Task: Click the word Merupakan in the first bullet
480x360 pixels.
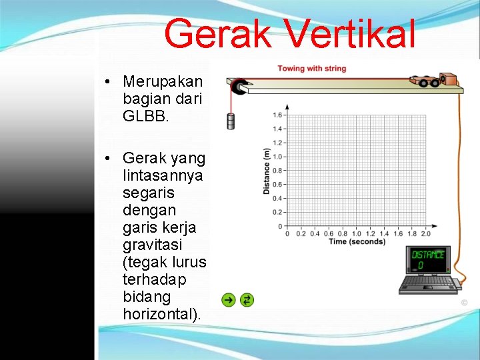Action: click(163, 81)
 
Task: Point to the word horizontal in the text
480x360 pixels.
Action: click(160, 313)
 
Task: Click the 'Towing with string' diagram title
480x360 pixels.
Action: click(311, 68)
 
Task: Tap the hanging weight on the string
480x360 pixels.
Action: click(231, 121)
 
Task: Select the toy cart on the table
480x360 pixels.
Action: click(426, 81)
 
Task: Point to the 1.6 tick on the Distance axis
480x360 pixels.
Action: click(277, 115)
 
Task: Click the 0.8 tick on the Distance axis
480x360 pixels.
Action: click(277, 171)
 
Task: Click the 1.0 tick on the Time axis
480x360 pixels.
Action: click(356, 233)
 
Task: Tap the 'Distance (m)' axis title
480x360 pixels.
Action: click(266, 171)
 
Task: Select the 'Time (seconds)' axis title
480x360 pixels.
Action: click(357, 241)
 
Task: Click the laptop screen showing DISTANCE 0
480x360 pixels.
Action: click(427, 259)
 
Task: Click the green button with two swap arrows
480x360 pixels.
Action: click(246, 300)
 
